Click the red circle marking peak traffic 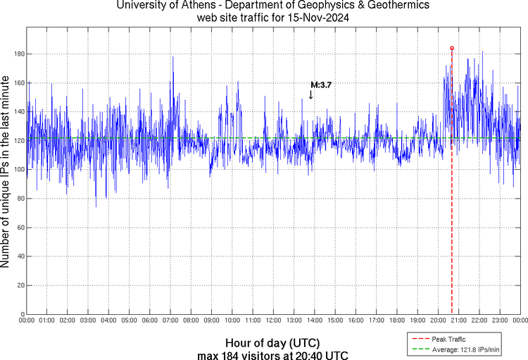tap(452, 48)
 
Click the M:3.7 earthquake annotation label tap(321, 85)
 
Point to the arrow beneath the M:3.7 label tap(311, 94)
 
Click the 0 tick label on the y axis tap(21, 314)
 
